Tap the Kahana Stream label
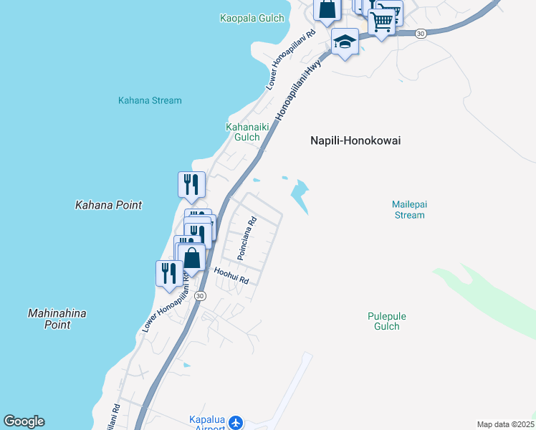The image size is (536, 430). (x=150, y=100)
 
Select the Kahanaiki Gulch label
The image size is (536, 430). (x=242, y=132)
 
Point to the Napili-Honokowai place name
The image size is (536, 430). (x=355, y=141)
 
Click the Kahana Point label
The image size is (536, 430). (x=108, y=205)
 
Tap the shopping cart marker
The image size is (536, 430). (x=382, y=22)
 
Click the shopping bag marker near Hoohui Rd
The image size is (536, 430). (x=191, y=257)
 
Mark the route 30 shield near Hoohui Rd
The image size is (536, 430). (x=200, y=295)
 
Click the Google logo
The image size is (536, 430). (x=24, y=421)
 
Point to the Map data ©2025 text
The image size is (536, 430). (x=504, y=424)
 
